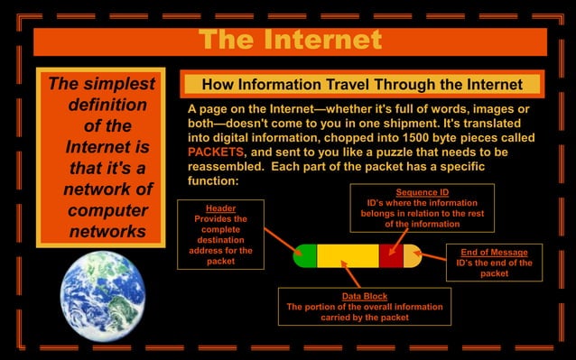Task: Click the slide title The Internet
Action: pos(290,41)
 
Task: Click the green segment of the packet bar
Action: pos(305,255)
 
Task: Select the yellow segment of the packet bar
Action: pos(347,255)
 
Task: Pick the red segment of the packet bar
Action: pos(390,255)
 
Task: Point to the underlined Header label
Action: pos(220,208)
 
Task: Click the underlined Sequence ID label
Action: pos(422,192)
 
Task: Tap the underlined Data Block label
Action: pos(364,296)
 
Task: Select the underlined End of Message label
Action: pos(494,253)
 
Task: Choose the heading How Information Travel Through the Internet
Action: pos(362,85)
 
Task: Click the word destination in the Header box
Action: pos(220,240)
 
